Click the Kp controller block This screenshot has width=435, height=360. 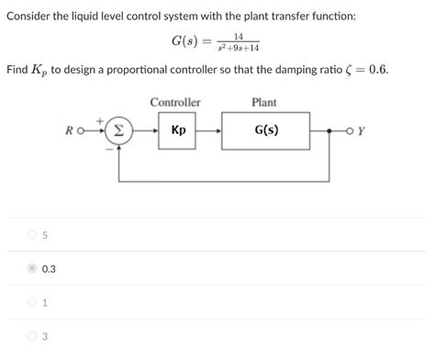177,130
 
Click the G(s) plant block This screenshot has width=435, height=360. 265,130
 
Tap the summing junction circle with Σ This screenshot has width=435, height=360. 120,130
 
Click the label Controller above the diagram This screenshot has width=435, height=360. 175,102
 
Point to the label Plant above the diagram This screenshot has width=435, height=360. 263,102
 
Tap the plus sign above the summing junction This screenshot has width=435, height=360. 113,117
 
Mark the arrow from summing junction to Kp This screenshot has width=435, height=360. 146,130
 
